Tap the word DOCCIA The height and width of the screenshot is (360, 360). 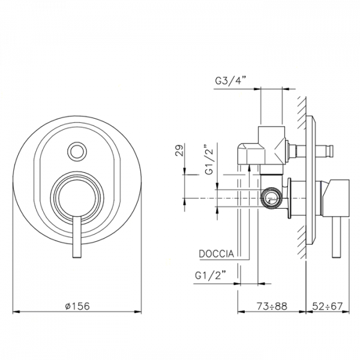(x=216, y=254)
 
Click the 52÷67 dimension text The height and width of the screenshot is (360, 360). (x=327, y=305)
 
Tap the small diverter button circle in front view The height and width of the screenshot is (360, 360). (x=77, y=151)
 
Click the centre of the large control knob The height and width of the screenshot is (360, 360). (x=76, y=197)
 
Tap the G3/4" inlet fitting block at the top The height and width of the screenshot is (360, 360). (x=270, y=141)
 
